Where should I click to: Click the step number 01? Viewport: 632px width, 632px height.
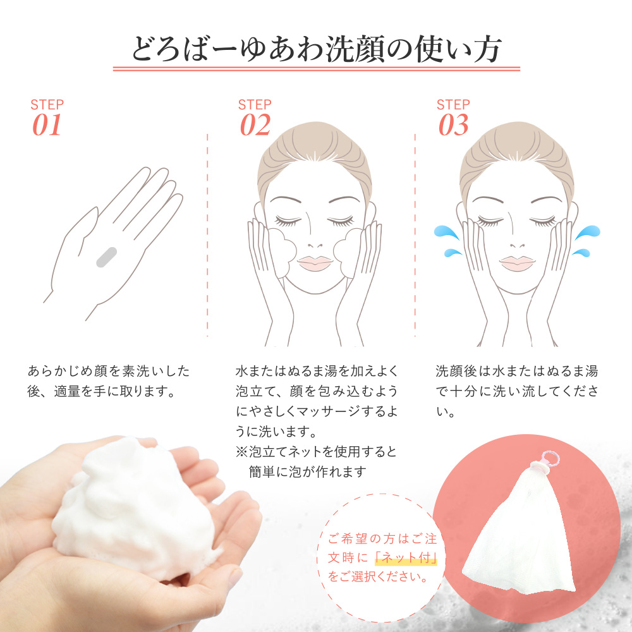pyautogui.click(x=47, y=125)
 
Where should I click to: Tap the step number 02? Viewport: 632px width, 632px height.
pyautogui.click(x=255, y=125)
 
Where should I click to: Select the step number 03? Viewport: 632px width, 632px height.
pyautogui.click(x=454, y=125)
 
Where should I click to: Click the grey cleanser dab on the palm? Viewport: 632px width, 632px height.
pyautogui.click(x=106, y=257)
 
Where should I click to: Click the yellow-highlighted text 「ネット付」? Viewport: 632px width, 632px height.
pyautogui.click(x=406, y=558)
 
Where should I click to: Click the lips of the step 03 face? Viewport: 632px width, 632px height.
pyautogui.click(x=517, y=263)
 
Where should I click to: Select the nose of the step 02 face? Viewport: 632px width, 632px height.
pyautogui.click(x=315, y=245)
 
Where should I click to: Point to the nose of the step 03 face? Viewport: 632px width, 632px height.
pyautogui.click(x=517, y=245)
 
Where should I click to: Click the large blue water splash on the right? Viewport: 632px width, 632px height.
pyautogui.click(x=587, y=233)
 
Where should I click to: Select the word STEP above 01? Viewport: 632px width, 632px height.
pyautogui.click(x=47, y=105)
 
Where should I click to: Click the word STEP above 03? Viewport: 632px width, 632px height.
pyautogui.click(x=453, y=105)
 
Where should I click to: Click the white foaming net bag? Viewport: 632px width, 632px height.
pyautogui.click(x=521, y=528)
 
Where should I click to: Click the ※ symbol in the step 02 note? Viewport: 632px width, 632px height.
pyautogui.click(x=242, y=452)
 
